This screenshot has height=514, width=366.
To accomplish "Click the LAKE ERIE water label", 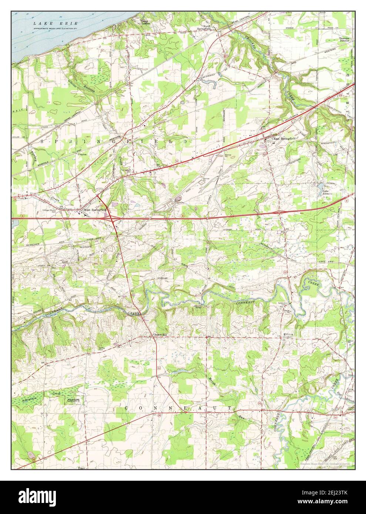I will pyautogui.click(x=55, y=23).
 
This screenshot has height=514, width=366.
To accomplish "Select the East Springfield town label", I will pyautogui.click(x=284, y=138).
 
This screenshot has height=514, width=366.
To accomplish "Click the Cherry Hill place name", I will pyautogui.click(x=160, y=335).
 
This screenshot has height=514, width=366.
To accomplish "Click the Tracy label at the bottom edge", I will pyautogui.click(x=82, y=468).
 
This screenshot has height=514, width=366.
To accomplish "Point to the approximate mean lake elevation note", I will pyautogui.click(x=59, y=28).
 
